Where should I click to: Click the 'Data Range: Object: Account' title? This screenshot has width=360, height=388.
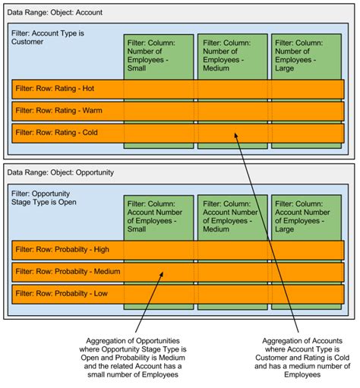54,14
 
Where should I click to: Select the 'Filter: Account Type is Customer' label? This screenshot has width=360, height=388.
46,37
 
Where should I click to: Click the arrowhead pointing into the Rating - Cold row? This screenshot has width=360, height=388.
235,136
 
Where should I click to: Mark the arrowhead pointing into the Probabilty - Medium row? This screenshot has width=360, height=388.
163,275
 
